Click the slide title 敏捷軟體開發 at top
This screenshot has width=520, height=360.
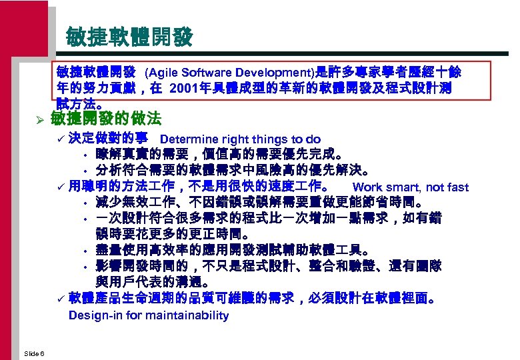(129, 37)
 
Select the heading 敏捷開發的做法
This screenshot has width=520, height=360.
(106, 119)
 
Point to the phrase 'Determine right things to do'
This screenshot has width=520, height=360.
(240, 139)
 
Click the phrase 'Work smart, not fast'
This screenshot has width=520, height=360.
(410, 187)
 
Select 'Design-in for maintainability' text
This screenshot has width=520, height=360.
(149, 315)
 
